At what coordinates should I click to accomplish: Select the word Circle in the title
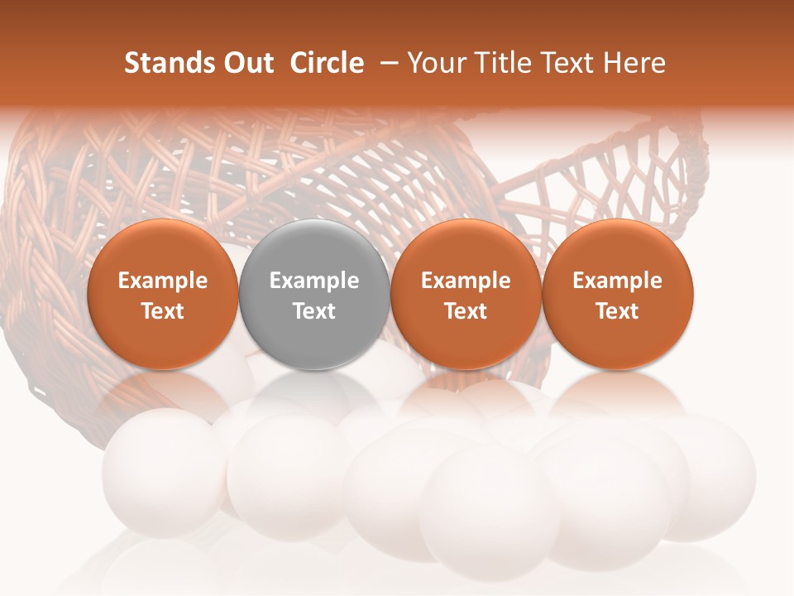coord(327,63)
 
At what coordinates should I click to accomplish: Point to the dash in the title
coord(386,63)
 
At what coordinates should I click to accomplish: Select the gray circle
coord(314,294)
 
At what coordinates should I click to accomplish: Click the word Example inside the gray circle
coord(314,281)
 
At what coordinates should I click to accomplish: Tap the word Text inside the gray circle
coord(314,311)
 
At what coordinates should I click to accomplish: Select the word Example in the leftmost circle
coord(162,281)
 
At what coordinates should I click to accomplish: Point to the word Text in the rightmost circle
coord(618,311)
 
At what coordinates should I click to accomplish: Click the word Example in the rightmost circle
coord(618,281)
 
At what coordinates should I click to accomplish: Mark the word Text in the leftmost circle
coord(162,311)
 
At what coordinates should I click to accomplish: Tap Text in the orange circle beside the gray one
coord(466,311)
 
